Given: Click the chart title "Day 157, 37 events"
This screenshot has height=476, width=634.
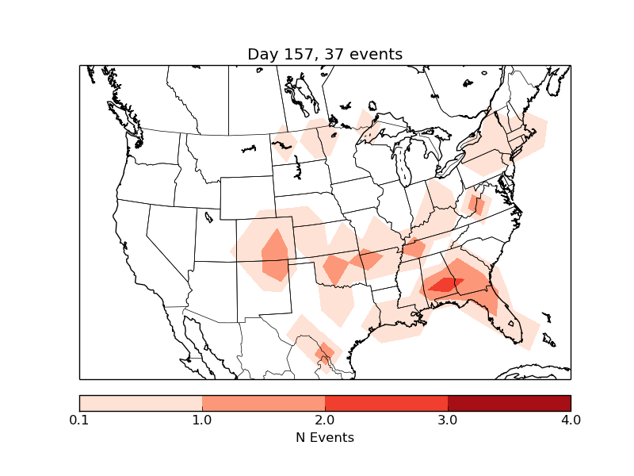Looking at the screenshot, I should point(325,54).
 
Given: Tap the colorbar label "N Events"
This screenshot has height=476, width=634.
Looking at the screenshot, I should point(325,437).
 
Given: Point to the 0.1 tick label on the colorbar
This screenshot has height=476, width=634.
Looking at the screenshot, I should point(79,420).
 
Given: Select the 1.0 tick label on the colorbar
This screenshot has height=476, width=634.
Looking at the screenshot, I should point(202,420).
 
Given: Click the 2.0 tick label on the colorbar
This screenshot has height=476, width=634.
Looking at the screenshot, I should point(325,420).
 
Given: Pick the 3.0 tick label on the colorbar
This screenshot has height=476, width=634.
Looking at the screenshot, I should point(448,420).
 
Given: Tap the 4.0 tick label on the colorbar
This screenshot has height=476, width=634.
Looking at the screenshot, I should point(571,420).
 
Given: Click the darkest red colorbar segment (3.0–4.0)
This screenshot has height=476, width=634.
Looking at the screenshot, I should point(509,402).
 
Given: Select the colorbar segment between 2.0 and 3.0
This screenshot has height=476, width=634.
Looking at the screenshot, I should point(386,402).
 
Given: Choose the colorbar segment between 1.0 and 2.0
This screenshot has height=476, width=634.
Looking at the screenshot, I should point(263,402).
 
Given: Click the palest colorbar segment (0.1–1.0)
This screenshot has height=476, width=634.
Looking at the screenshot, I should point(140,402).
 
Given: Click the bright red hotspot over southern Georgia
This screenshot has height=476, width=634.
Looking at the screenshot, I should point(444,283).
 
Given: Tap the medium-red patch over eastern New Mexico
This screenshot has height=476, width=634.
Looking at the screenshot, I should point(275,255).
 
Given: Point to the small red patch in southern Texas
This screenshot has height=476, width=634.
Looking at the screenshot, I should point(323,352).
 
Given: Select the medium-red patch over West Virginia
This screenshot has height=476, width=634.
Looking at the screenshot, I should point(476,205).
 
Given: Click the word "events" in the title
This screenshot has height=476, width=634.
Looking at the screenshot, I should point(377,54).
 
